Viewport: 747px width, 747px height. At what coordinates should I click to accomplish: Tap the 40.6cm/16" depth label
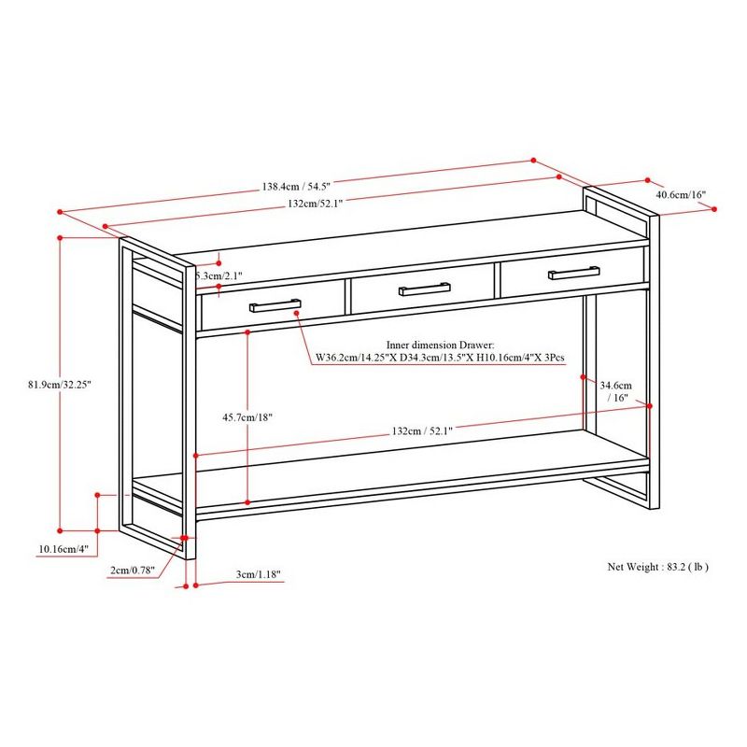[x=681, y=195]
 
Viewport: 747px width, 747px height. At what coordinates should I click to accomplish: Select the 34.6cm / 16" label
[x=616, y=390]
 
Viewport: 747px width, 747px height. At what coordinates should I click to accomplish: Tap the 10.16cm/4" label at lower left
[x=63, y=549]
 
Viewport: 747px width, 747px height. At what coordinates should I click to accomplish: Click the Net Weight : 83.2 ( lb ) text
[x=657, y=567]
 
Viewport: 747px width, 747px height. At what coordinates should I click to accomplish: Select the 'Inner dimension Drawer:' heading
[x=440, y=345]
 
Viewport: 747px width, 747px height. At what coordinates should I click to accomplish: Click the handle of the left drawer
[x=275, y=305]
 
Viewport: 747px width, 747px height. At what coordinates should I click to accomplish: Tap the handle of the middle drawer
[x=425, y=289]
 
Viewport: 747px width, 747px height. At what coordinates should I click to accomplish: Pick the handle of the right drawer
[x=574, y=273]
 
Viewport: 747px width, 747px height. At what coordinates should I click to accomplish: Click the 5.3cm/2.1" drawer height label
[x=219, y=276]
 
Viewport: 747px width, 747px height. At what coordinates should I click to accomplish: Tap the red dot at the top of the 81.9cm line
[x=61, y=238]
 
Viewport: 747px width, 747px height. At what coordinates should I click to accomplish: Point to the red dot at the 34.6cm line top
[x=584, y=377]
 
